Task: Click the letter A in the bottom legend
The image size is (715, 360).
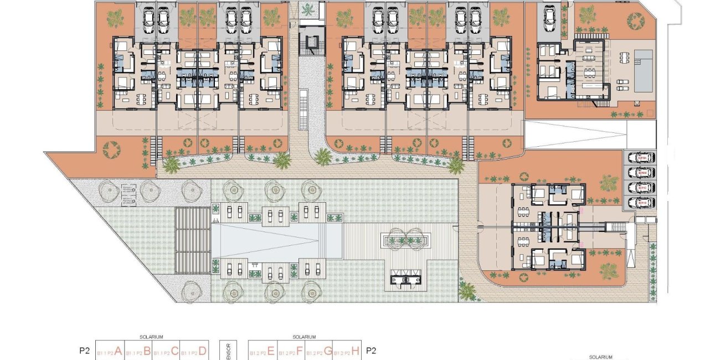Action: tap(118, 351)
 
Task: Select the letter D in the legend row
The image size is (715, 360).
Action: tap(202, 351)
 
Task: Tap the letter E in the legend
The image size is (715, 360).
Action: tap(271, 351)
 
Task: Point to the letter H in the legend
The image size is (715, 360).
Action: tap(356, 351)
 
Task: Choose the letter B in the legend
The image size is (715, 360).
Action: tap(147, 351)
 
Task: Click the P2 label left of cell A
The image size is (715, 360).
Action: tap(84, 351)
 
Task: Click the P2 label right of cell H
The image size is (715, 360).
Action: tap(372, 351)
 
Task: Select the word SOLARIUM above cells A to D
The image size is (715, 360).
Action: tap(152, 337)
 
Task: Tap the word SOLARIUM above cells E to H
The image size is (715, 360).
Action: tap(304, 337)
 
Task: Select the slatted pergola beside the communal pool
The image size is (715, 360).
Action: tap(192, 240)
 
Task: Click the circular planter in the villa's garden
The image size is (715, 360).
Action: tap(635, 21)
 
